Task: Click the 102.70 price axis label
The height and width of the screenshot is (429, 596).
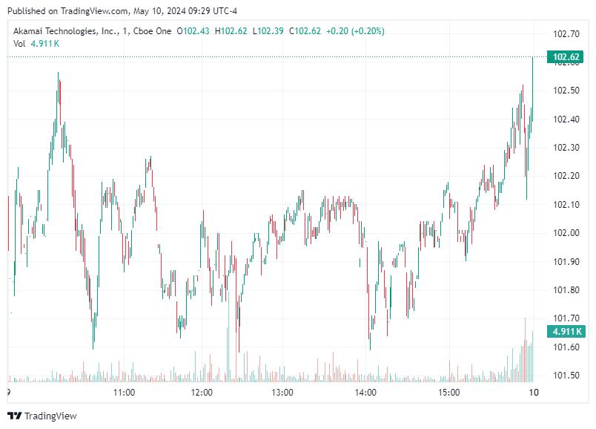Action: pyautogui.click(x=566, y=34)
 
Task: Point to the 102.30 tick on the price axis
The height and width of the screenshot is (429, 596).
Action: pyautogui.click(x=566, y=148)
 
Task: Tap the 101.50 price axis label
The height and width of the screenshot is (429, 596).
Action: pyautogui.click(x=566, y=376)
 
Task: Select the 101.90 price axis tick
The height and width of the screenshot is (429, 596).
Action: pyautogui.click(x=566, y=262)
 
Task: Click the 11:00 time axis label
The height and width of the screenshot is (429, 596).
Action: pyautogui.click(x=123, y=392)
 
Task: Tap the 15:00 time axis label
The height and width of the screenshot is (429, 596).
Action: pyautogui.click(x=448, y=392)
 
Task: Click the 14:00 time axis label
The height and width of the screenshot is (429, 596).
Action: pyautogui.click(x=366, y=392)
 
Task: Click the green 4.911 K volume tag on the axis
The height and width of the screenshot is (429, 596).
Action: pyautogui.click(x=565, y=331)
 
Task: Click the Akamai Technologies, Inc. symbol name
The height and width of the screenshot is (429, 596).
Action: pyautogui.click(x=70, y=31)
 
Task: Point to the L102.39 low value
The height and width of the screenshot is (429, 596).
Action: pyautogui.click(x=269, y=31)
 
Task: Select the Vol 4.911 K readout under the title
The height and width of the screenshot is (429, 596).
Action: pyautogui.click(x=36, y=44)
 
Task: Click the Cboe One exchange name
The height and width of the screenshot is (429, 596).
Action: pyautogui.click(x=153, y=31)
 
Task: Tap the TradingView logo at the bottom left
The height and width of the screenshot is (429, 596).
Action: pyautogui.click(x=42, y=416)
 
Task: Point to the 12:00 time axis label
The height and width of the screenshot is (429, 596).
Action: pyautogui.click(x=202, y=392)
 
